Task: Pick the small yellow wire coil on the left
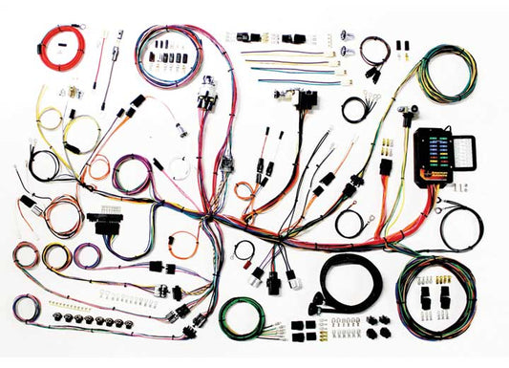pyautogui.click(x=55, y=256)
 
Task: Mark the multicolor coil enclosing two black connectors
pyautogui.click(x=434, y=296)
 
